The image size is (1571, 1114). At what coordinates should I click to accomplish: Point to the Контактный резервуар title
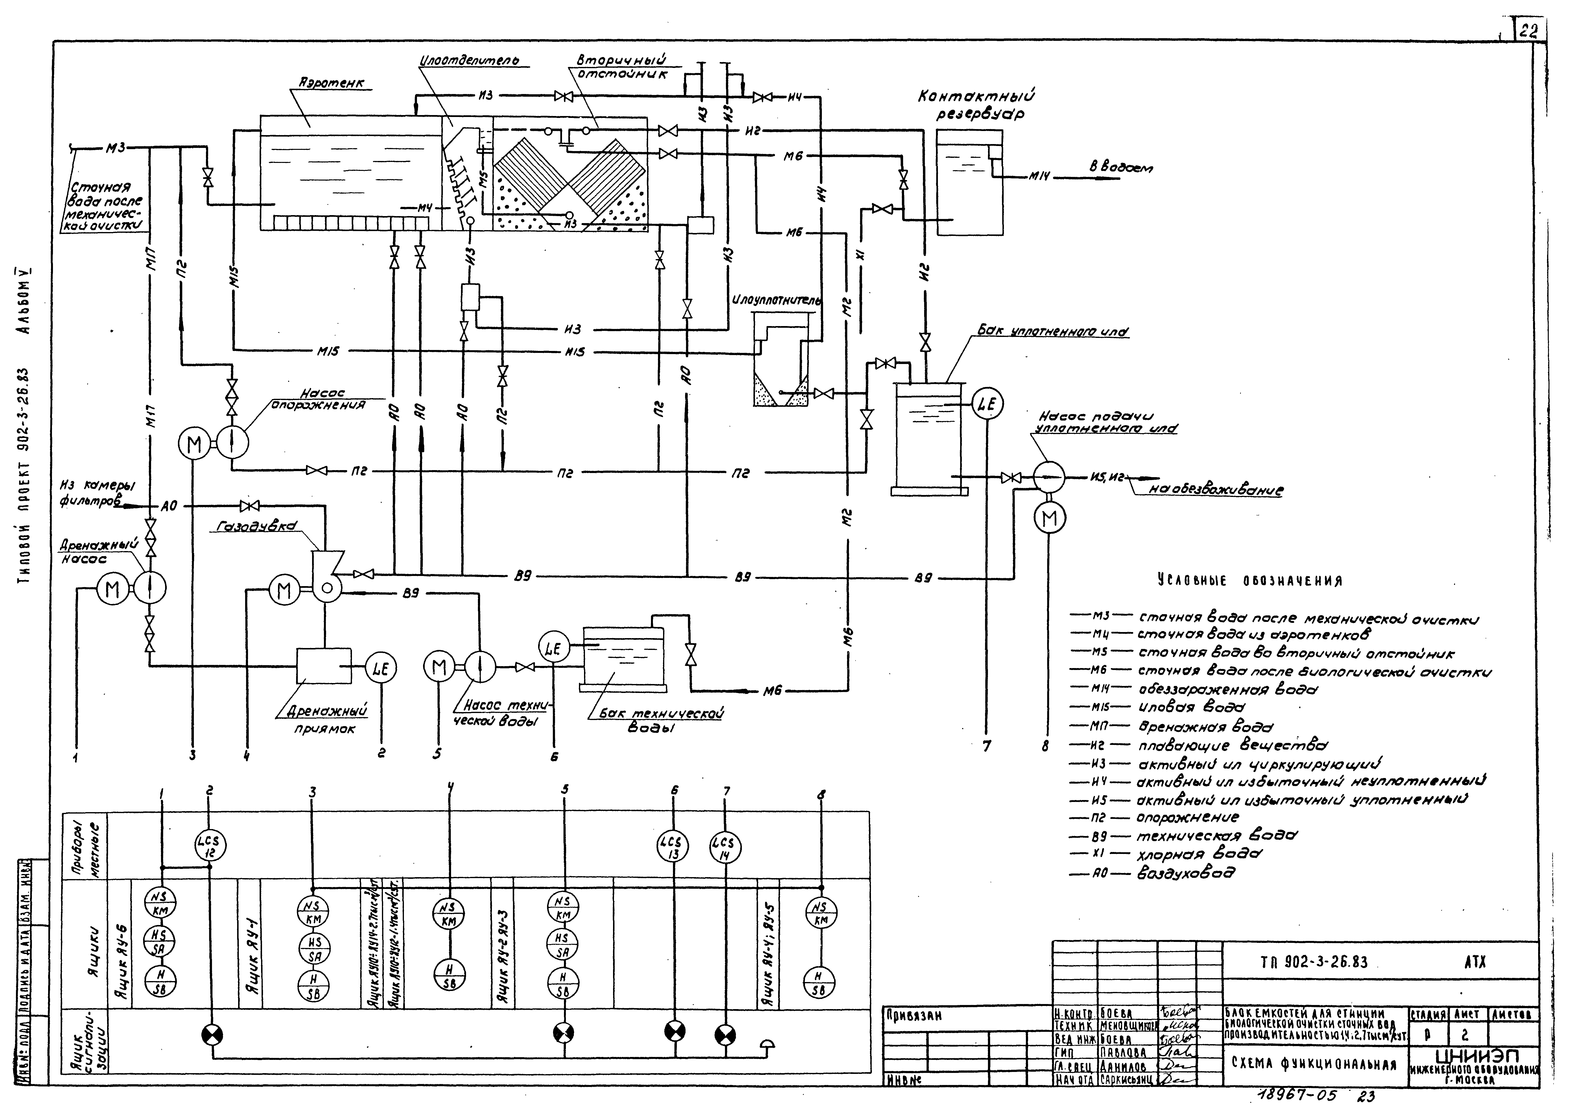tap(976, 105)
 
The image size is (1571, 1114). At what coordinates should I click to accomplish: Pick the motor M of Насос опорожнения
tap(195, 444)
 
